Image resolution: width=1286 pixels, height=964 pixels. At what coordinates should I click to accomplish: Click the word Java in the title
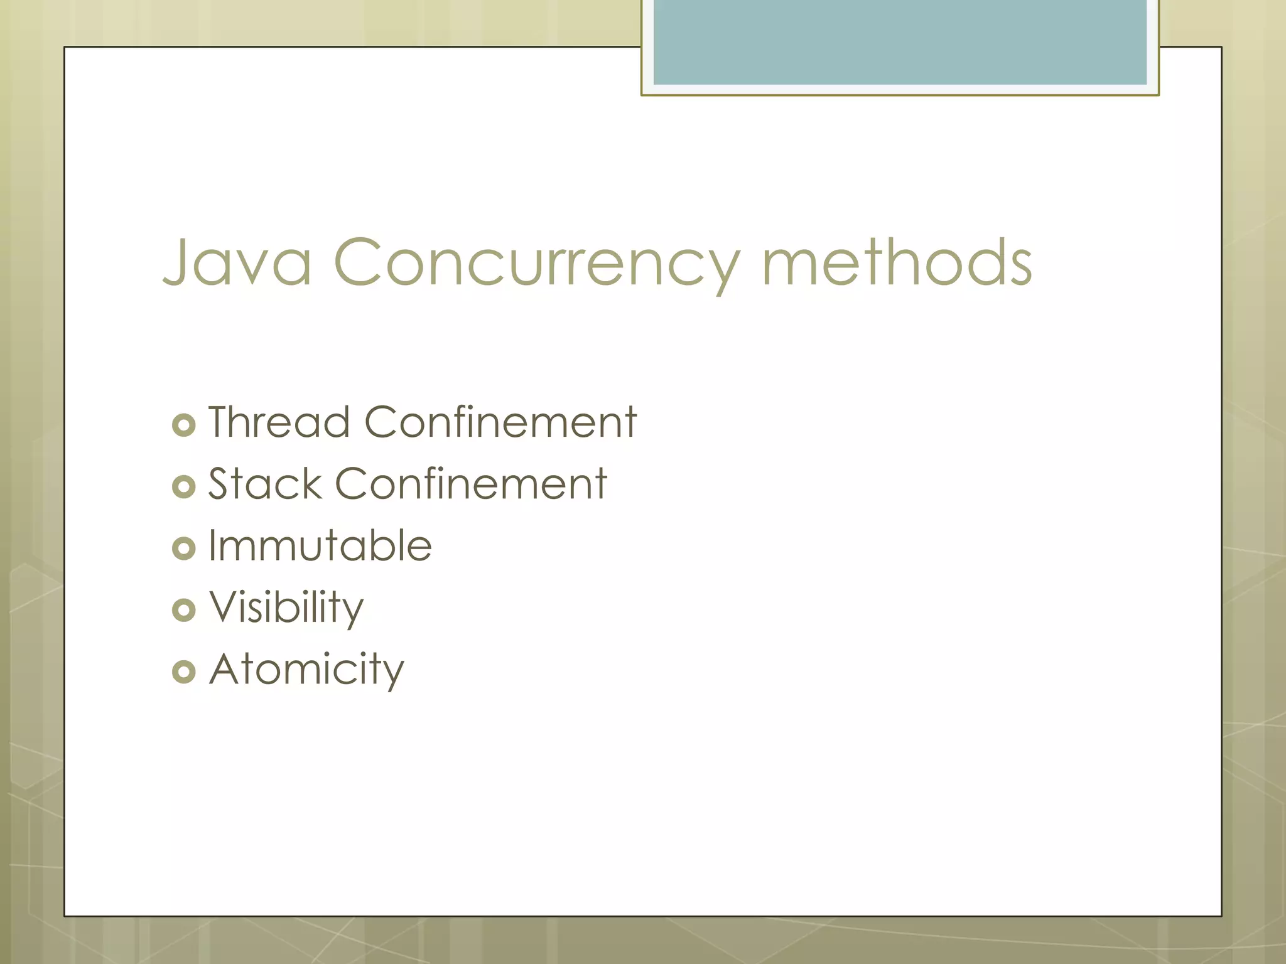[237, 262]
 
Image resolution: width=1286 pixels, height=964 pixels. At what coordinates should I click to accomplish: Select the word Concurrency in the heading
[537, 262]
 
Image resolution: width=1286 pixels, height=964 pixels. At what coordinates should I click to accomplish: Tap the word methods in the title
[897, 262]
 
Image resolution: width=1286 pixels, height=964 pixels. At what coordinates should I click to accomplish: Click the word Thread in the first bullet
[279, 422]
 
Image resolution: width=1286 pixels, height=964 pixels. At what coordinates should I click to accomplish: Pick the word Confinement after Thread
[500, 422]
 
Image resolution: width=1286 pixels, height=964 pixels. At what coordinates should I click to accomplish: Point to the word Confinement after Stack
[471, 484]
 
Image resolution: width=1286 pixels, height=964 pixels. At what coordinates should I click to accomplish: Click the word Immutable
[320, 545]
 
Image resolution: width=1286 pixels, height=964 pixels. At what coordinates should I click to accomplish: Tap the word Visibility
[286, 608]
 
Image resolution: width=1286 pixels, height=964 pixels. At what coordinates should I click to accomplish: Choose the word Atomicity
[306, 669]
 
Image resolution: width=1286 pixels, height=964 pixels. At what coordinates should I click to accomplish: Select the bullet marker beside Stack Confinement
[184, 487]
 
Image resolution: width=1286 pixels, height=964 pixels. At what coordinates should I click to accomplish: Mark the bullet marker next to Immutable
[184, 549]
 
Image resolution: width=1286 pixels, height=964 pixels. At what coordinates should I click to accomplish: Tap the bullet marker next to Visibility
[184, 610]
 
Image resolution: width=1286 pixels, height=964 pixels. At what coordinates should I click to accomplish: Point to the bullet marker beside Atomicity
[184, 672]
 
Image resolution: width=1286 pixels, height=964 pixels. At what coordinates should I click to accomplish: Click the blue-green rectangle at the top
[900, 41]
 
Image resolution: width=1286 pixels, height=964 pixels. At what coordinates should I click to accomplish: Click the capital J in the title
[178, 262]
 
